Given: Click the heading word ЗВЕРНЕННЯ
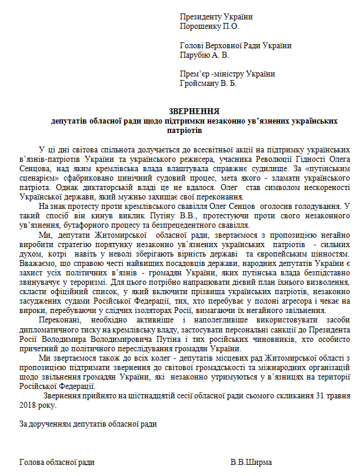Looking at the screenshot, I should point(194,111).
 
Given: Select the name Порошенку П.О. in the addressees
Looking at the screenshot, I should point(210,26).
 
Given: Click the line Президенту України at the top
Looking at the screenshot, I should point(212,17).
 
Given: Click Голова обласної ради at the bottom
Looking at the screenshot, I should point(57,462).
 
